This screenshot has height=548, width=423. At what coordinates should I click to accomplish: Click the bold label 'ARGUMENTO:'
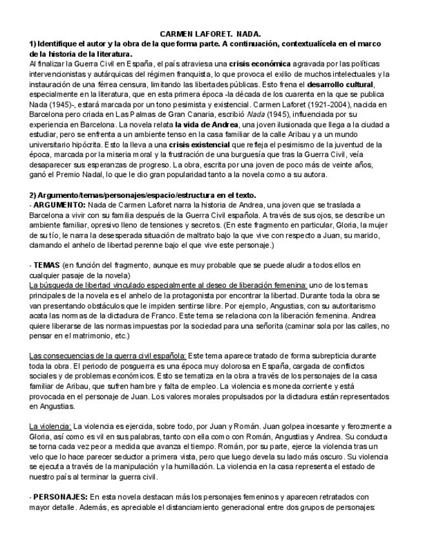pyautogui.click(x=59, y=205)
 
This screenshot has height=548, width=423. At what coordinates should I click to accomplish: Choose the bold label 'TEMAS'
pyautogui.click(x=46, y=266)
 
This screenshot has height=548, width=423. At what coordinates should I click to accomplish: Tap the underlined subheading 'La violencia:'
pyautogui.click(x=50, y=426)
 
